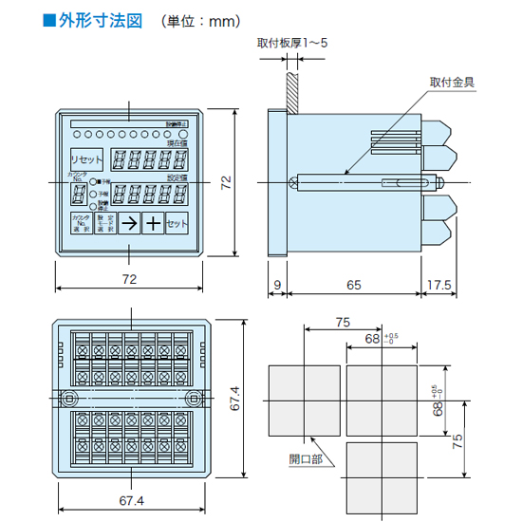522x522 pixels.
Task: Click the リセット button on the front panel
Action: point(85,159)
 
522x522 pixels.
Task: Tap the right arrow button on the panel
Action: point(128,223)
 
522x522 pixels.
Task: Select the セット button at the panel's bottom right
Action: point(177,223)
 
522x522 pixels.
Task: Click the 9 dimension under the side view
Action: point(276,284)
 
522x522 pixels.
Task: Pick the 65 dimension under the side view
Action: point(352,284)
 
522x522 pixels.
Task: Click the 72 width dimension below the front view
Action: point(129,278)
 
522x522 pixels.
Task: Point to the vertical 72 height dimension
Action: point(226,182)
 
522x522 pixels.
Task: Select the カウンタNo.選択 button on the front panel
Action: point(80,223)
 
